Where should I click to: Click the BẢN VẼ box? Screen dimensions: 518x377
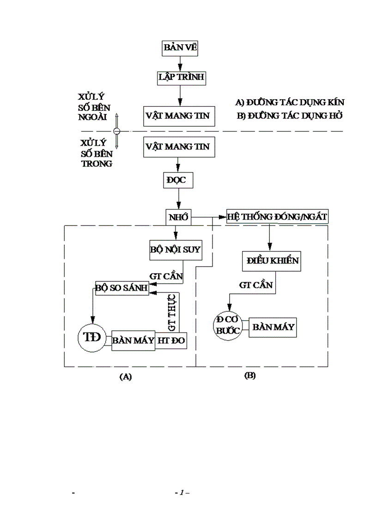coord(181,48)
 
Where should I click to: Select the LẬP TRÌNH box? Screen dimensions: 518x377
coord(181,77)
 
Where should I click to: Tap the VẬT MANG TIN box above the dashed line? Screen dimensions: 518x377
coord(178,115)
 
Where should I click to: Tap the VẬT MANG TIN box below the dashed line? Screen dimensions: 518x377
coord(178,147)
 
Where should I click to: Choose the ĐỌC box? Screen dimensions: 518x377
coord(176,180)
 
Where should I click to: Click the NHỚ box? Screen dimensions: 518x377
coord(179,217)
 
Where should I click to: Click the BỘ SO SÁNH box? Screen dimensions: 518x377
coord(122,288)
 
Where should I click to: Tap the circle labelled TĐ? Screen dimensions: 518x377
coord(91,337)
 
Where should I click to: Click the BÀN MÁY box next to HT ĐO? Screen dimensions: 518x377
coord(133,340)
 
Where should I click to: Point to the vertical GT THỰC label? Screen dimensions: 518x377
coord(172,314)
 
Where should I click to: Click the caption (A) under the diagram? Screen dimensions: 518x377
coord(125,377)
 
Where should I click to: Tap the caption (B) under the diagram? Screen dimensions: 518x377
coord(249,376)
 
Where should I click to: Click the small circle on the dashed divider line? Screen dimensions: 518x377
coord(117,131)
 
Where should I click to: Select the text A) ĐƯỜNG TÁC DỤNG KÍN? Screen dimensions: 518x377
coord(289,102)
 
